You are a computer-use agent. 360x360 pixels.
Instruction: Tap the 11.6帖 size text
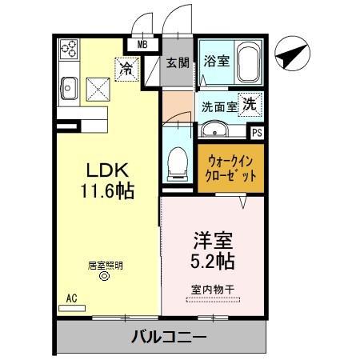pyautogui.click(x=107, y=191)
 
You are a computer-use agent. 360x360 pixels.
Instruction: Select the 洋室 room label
pyautogui.click(x=210, y=238)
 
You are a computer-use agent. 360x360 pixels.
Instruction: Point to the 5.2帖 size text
pyautogui.click(x=212, y=261)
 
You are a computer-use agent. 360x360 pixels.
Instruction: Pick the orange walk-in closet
pyautogui.click(x=230, y=166)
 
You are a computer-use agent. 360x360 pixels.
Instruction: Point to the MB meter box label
pyautogui.click(x=143, y=46)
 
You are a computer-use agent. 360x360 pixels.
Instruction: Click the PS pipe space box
pyautogui.click(x=257, y=133)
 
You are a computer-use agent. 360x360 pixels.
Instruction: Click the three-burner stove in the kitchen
pyautogui.click(x=68, y=50)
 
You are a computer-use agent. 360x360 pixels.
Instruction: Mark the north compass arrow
pyautogui.click(x=290, y=56)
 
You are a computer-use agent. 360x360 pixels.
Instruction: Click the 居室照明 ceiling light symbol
pyautogui.click(x=102, y=277)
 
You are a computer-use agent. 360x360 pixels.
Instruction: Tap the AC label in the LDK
pyautogui.click(x=71, y=298)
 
